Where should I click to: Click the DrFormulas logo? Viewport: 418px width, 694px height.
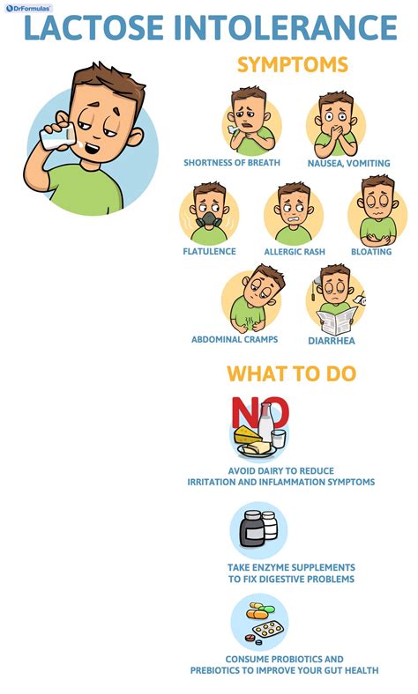tap(28, 8)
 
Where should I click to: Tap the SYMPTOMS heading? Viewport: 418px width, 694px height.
tap(293, 64)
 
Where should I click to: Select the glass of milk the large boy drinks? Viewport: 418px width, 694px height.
tap(57, 137)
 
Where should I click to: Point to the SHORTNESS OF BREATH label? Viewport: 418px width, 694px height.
tap(232, 162)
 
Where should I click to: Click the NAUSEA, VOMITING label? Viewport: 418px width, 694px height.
tap(349, 163)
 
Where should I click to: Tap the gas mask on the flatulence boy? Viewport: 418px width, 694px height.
tap(209, 219)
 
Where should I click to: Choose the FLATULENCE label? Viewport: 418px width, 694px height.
tap(209, 251)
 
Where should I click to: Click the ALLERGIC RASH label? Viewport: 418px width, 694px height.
tap(295, 252)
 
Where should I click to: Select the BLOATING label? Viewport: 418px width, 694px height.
tap(371, 252)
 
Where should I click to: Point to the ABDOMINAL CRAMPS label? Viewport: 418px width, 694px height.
tap(235, 339)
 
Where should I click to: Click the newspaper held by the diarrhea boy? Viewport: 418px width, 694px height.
tap(337, 320)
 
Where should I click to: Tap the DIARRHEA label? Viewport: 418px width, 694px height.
tap(332, 341)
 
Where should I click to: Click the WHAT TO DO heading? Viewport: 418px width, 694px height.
tap(291, 373)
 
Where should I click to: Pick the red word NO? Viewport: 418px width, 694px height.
tap(260, 412)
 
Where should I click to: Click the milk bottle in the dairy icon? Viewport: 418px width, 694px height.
tap(265, 423)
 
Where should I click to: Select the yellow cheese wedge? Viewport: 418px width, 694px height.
tap(246, 435)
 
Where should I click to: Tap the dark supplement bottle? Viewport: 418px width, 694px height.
tap(252, 529)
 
